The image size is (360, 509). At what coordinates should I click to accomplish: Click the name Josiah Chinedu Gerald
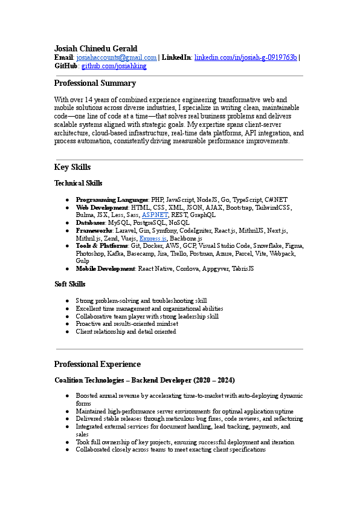(x=95, y=48)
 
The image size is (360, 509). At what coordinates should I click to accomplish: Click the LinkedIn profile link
(x=245, y=57)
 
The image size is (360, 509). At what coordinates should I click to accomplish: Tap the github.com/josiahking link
(x=114, y=66)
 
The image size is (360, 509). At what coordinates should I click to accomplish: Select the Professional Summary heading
(x=95, y=83)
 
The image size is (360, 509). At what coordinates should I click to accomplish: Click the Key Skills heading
(x=72, y=167)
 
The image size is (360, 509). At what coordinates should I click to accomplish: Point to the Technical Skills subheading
(x=78, y=183)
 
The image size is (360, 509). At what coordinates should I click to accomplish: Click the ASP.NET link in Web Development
(x=155, y=215)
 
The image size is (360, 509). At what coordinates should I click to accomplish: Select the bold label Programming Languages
(x=112, y=199)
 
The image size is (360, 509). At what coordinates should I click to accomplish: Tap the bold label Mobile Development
(x=105, y=268)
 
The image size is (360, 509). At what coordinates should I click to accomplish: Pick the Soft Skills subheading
(x=69, y=284)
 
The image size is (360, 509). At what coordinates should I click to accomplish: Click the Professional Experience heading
(x=97, y=365)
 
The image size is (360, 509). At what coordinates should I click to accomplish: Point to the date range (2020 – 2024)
(x=214, y=380)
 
